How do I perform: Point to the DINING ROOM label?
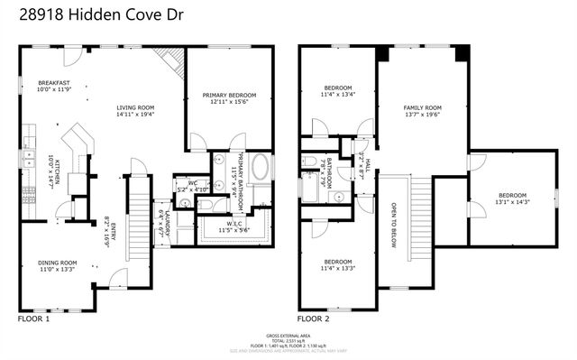pos(56,263)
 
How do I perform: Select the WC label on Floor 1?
pos(192,183)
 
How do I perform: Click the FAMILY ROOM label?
pos(421,107)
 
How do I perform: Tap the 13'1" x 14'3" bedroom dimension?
pos(512,202)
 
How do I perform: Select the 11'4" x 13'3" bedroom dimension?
pos(338,268)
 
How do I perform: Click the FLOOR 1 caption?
pos(34,319)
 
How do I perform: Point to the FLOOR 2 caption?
pos(314,319)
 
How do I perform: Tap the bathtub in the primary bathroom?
pos(261,169)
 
